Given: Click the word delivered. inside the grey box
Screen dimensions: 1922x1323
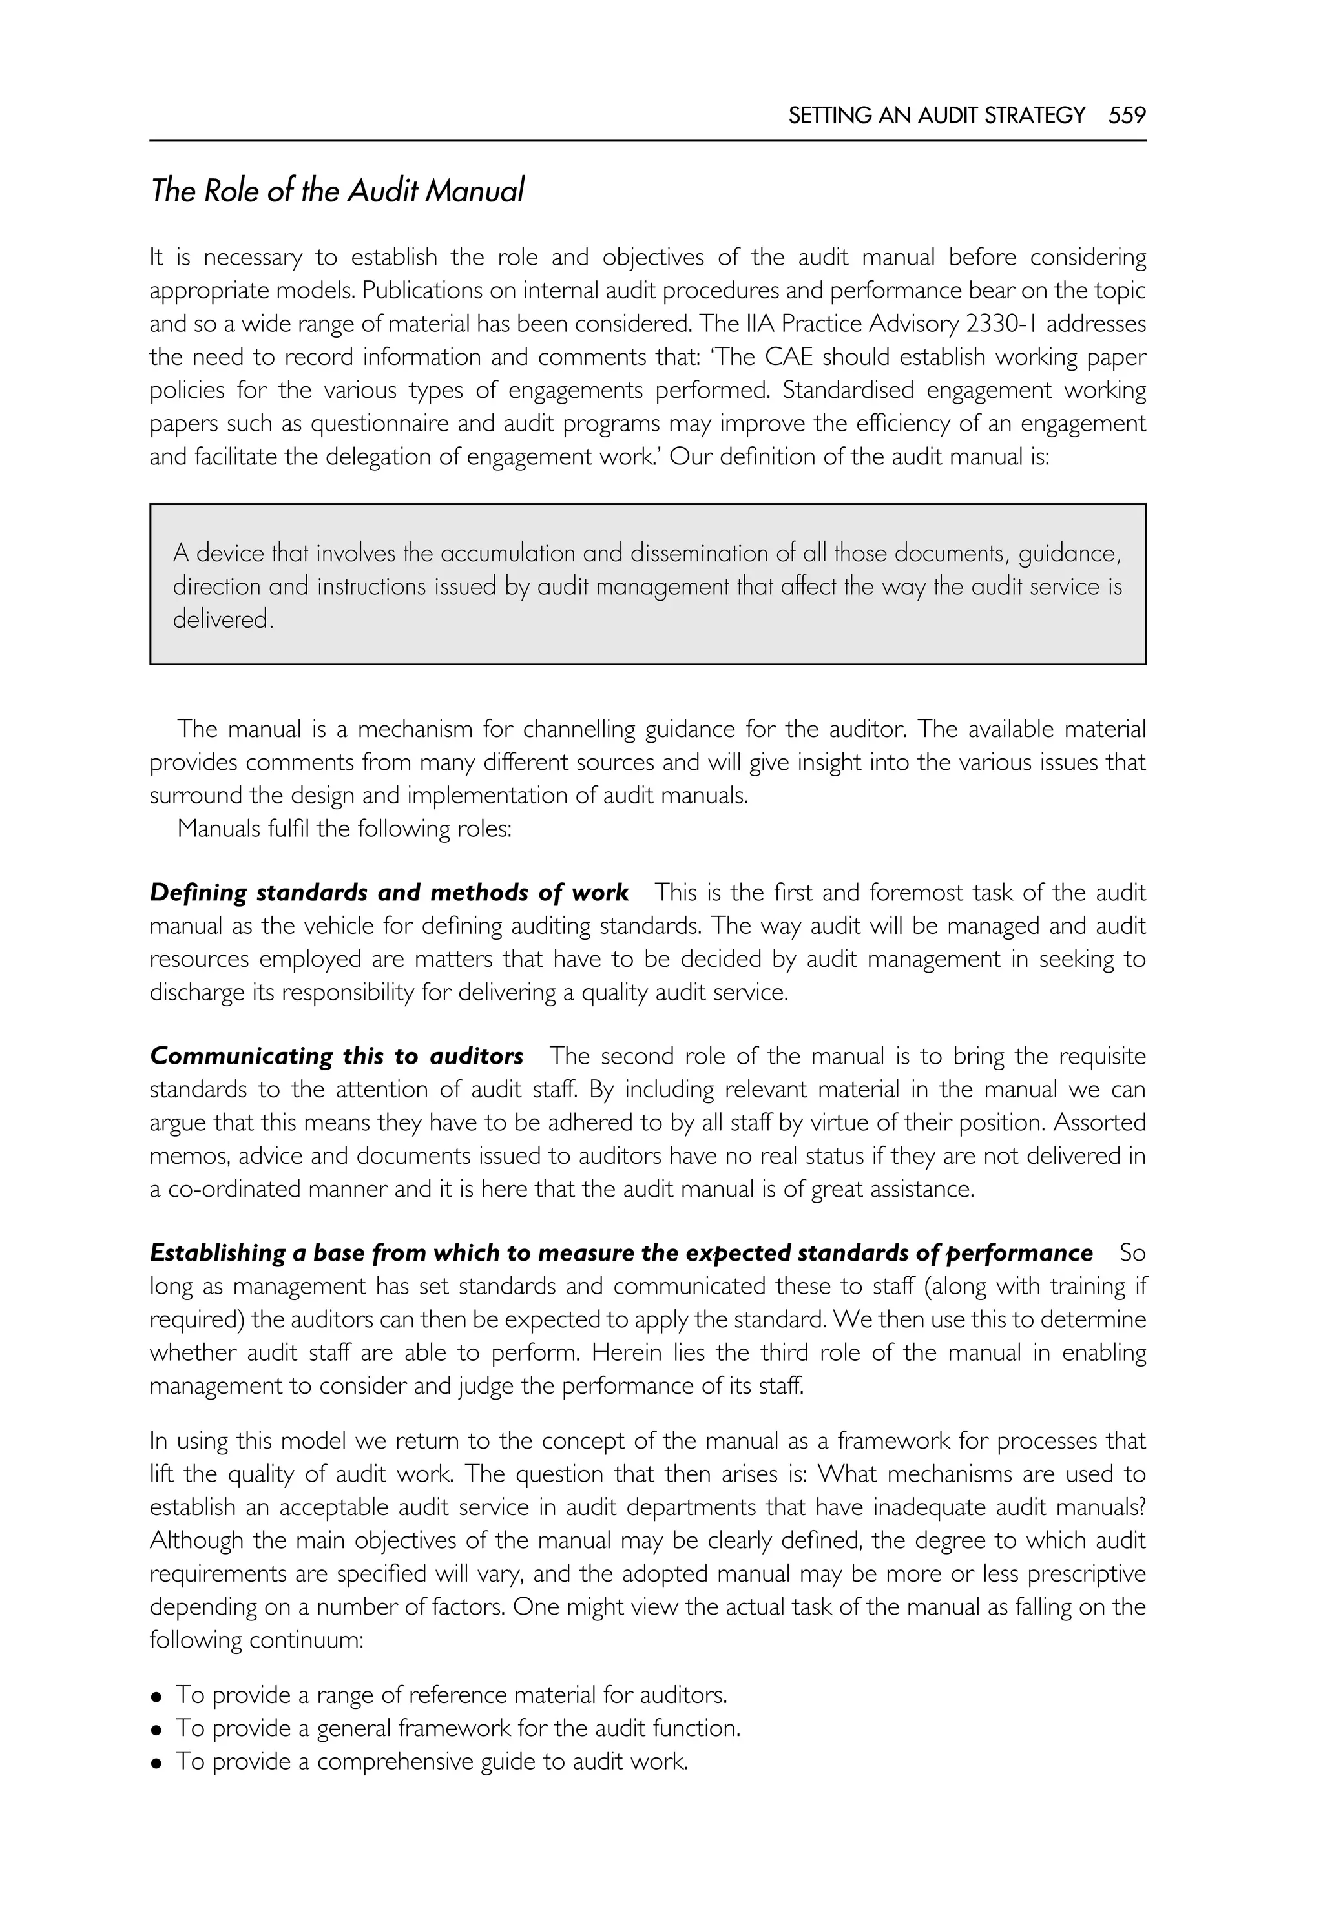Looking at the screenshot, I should [222, 619].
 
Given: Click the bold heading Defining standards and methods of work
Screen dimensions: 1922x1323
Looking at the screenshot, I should [389, 893].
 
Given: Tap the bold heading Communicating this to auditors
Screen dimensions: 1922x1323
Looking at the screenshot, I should [337, 1056].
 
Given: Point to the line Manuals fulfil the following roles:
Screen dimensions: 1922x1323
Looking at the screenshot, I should [344, 828].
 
